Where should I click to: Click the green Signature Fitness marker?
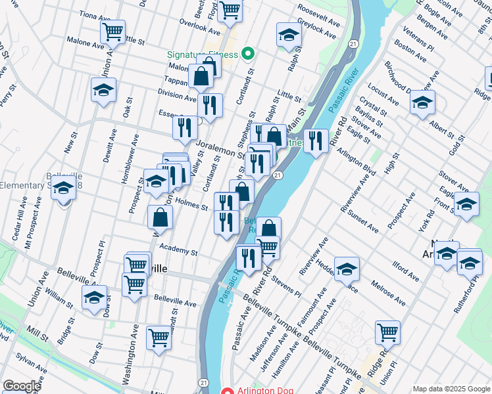click(x=248, y=53)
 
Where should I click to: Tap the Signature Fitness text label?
click(x=201, y=54)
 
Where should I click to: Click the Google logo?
click(x=22, y=386)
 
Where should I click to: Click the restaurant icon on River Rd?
click(x=316, y=141)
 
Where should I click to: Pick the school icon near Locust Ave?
click(x=422, y=102)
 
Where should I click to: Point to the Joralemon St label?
click(x=220, y=142)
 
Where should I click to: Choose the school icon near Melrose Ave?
click(x=347, y=269)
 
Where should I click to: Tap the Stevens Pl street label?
click(x=286, y=287)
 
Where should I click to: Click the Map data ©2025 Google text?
click(x=451, y=389)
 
